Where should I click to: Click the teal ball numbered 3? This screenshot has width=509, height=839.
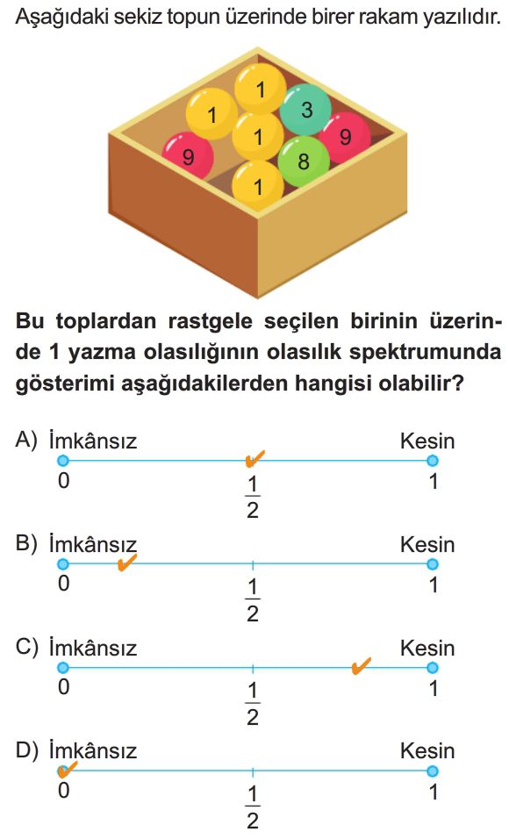tap(305, 109)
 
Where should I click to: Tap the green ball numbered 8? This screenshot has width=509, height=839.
tap(304, 161)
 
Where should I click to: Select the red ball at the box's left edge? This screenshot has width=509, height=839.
tap(188, 156)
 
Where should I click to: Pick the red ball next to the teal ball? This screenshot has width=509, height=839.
tap(346, 137)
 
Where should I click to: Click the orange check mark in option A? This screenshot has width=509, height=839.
tap(254, 459)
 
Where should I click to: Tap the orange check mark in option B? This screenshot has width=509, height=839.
tap(126, 563)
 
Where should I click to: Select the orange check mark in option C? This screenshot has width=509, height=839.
tap(362, 665)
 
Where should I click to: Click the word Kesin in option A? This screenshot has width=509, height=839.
tap(427, 441)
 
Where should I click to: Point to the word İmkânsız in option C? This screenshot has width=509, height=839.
tap(93, 647)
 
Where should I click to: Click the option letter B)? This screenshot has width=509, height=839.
tap(26, 544)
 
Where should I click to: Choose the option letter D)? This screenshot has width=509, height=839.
tap(26, 750)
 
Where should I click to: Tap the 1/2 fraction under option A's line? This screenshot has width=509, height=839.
tap(253, 498)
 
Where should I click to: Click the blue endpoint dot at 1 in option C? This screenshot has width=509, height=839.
tap(432, 667)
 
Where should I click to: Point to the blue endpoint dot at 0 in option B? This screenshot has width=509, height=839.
tap(63, 564)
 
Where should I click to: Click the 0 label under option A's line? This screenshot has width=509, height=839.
tap(64, 481)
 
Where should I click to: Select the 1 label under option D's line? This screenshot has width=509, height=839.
tap(434, 792)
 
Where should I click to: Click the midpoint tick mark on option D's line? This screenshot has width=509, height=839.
tap(253, 771)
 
